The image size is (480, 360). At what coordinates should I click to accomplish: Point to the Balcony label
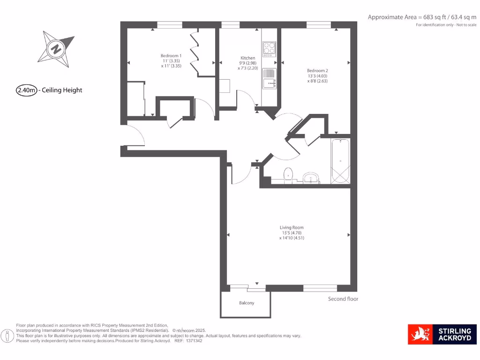point(247,303)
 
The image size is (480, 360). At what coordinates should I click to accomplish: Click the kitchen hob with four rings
point(270,48)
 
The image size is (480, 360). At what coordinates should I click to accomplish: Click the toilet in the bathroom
point(288,174)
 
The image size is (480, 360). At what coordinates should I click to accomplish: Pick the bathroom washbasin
point(311,178)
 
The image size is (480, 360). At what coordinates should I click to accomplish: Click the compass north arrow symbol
point(57,49)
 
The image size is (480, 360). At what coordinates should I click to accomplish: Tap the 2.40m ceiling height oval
point(27,90)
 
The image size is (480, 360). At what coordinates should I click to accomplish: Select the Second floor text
point(343,299)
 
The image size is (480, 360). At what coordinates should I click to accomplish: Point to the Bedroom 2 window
point(319,24)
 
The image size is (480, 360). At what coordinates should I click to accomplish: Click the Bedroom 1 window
point(170,24)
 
